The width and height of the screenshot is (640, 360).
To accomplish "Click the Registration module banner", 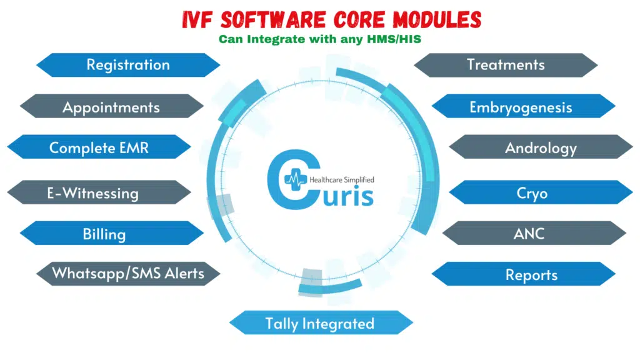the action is pos(128,65).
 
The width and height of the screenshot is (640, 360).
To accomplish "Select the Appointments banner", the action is pos(111,106).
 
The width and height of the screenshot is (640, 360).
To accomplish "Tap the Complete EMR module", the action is pos(99,147).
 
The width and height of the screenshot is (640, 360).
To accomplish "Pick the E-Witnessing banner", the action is pos(99,192).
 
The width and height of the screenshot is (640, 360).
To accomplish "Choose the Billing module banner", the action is pos(111,233).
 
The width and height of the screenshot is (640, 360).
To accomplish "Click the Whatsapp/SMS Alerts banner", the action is pos(128,274).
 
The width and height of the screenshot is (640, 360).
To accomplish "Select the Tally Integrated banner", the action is pos(321,323).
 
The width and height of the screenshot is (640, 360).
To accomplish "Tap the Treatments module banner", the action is pos(506,65).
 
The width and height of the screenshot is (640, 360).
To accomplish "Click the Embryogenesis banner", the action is pos(524,106).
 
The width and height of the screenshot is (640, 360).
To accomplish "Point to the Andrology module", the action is pos(541,147).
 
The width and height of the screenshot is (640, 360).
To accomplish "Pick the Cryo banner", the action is pos(541,192).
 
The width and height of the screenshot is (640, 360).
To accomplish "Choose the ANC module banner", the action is pos(534,233).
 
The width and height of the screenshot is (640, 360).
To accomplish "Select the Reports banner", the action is pos(524,274).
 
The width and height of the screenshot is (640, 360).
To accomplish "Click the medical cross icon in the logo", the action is pos(296,179).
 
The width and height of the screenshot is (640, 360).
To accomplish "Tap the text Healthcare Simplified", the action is pos(342,179).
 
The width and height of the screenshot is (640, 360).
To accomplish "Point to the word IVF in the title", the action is pos(197,19).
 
